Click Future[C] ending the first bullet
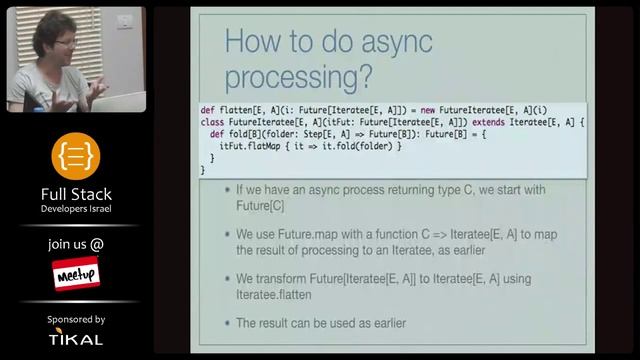coord(263,208)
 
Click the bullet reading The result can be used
coord(320,324)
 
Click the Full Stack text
coord(76,194)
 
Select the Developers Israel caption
coord(76,209)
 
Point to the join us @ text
coord(76,244)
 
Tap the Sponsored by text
coord(76,319)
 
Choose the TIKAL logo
coord(76,339)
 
